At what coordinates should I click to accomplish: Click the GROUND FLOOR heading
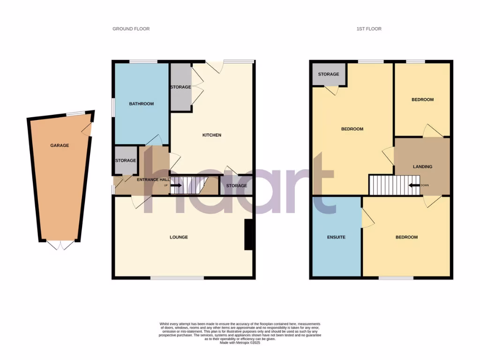(x=131, y=29)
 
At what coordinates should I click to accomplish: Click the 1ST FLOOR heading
(x=369, y=29)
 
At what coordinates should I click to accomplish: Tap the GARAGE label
(x=60, y=146)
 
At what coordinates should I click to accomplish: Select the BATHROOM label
(x=141, y=104)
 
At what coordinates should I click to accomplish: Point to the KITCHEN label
(x=211, y=135)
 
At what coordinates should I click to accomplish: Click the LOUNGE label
(x=179, y=237)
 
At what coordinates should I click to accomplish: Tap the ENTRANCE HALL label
(x=151, y=180)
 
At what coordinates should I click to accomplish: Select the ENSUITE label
(x=336, y=237)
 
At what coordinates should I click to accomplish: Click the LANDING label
(x=422, y=167)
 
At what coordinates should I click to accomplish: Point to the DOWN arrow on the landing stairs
(x=414, y=185)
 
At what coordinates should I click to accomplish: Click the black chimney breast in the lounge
(x=249, y=235)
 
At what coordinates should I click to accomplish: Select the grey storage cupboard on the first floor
(x=329, y=75)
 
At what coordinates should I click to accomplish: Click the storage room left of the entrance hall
(x=125, y=160)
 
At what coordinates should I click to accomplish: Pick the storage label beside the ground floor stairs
(x=236, y=186)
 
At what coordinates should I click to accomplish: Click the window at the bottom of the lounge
(x=177, y=278)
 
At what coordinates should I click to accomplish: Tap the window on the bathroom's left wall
(x=113, y=106)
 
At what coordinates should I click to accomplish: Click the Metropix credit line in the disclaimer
(x=240, y=343)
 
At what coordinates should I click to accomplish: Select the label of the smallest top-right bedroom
(x=422, y=99)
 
